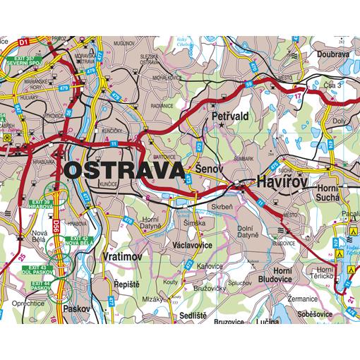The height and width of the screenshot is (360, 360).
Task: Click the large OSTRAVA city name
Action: pyautogui.click(x=124, y=170)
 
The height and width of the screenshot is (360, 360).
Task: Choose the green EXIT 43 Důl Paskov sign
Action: pyautogui.click(x=41, y=270)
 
